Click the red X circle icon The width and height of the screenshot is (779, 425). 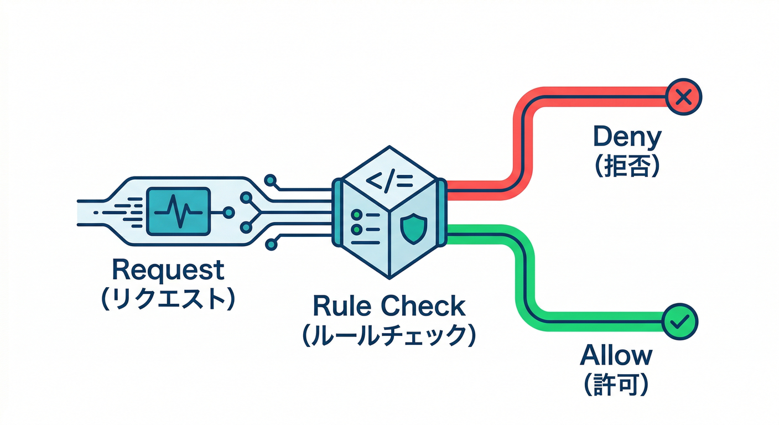(684, 98)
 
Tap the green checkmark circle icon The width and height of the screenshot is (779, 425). (680, 320)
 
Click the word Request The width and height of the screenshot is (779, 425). (168, 270)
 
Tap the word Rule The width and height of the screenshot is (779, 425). (340, 306)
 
